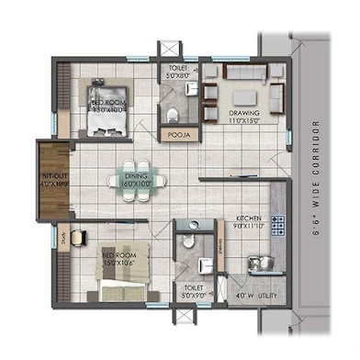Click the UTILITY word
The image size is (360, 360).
(x=267, y=296)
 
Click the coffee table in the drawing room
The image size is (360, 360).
(x=243, y=97)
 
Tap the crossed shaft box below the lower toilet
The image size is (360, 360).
(x=188, y=319)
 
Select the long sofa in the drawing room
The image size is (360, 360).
(x=244, y=71)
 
